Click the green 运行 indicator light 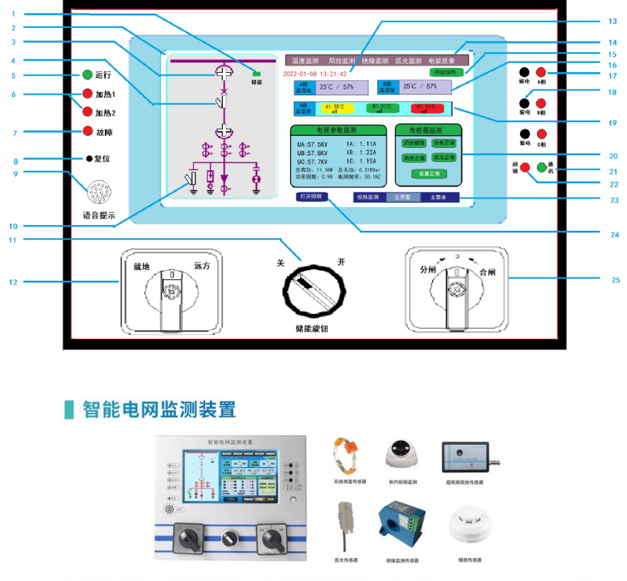87,74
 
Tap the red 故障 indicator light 88,131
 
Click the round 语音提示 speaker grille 97,192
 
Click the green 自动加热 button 447,72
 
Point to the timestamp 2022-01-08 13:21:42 315,74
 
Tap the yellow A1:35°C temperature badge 335,109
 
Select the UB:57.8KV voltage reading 312,152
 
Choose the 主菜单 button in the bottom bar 433,197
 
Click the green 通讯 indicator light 541,168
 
